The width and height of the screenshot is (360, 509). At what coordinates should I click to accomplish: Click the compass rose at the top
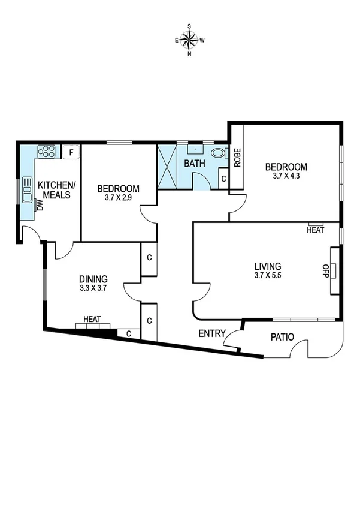[x=190, y=40]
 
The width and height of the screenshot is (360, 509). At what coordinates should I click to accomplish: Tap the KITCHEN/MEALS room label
[x=57, y=190]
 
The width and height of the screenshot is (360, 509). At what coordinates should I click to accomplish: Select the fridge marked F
[x=71, y=152]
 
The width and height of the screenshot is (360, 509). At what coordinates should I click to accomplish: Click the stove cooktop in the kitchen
[x=47, y=151]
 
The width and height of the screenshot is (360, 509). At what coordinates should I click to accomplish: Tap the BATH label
[x=195, y=163]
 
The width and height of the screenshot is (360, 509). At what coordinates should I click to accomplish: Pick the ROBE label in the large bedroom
[x=237, y=158]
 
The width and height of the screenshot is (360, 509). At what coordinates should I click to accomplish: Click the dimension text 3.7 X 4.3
[x=286, y=176]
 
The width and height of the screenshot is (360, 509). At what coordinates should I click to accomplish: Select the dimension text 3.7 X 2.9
[x=119, y=198]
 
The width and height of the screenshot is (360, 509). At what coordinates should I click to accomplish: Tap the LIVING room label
[x=267, y=266]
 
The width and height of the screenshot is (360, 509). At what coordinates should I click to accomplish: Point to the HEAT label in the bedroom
[x=315, y=230]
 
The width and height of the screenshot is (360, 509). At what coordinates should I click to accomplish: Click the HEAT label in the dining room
[x=92, y=319]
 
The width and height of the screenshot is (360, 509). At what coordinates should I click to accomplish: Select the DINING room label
[x=93, y=279]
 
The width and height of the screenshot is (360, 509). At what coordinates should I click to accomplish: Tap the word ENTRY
[x=212, y=334]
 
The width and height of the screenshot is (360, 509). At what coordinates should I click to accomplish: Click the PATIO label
[x=280, y=337]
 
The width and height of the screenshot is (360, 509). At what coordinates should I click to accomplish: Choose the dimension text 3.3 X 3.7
[x=93, y=288]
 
